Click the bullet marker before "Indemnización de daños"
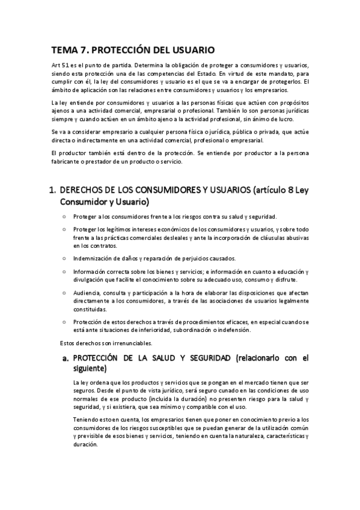coord(64,258)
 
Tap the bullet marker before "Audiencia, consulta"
coord(64,292)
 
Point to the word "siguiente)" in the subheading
coord(90,369)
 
